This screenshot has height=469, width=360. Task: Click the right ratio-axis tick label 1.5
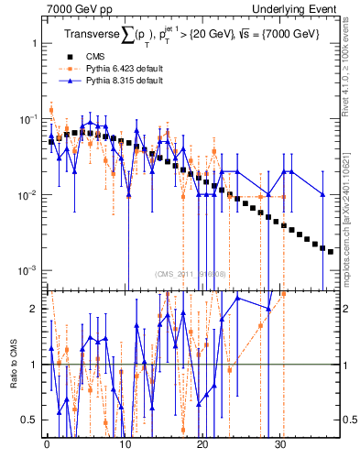[x=349, y=336]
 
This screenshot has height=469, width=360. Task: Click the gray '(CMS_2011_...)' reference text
[x=191, y=273]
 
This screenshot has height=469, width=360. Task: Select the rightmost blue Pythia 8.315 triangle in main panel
[x=322, y=194]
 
